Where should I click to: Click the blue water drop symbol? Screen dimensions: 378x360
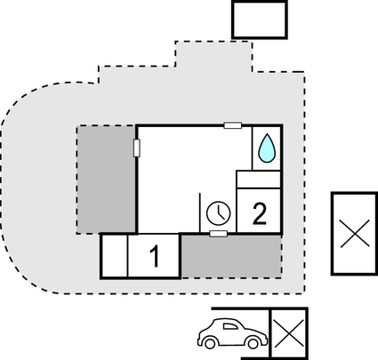coord(267,148)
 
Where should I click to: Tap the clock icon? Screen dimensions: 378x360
coord(219,213)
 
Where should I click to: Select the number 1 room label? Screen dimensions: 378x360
coord(155,257)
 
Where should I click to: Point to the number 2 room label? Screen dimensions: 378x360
coord(260,213)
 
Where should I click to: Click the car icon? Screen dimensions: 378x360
coord(233,333)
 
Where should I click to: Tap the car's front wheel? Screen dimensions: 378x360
coord(253,343)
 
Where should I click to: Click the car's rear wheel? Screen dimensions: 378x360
coord(210,343)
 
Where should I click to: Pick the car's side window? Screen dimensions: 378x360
coord(230,326)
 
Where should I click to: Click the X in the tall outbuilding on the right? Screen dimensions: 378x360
coord(355,234)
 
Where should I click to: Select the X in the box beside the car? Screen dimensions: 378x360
coord(289,333)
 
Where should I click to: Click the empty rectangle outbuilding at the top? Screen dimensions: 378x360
coord(260,20)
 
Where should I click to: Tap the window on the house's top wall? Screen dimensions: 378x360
coord(233,125)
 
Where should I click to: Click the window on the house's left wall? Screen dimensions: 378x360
coord(137,148)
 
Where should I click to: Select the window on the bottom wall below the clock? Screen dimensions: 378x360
coord(219,234)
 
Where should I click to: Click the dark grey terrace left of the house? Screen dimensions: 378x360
coord(106,180)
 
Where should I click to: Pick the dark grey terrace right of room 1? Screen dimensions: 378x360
coord(231,257)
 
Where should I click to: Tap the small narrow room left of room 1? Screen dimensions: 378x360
coord(115,256)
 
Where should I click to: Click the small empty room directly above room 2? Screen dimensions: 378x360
coord(258,180)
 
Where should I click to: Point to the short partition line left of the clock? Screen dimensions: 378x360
coord(200,212)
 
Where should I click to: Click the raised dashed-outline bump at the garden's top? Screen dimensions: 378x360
coord(213,56)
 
